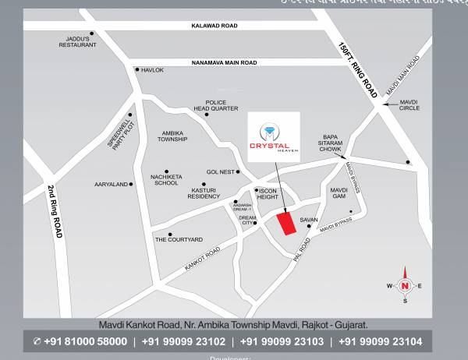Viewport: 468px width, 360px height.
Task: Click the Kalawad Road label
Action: (x=214, y=26)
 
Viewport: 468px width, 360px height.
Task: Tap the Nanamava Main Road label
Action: (x=224, y=62)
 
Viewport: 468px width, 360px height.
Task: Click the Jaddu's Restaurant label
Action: (x=78, y=41)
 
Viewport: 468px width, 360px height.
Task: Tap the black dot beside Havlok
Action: (x=136, y=70)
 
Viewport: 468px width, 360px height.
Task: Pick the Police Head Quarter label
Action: (x=216, y=105)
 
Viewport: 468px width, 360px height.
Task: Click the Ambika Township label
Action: (x=172, y=136)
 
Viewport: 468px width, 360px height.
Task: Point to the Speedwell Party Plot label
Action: (x=121, y=135)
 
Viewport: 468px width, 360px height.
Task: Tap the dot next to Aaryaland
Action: (x=131, y=185)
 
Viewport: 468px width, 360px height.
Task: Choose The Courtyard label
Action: (x=179, y=239)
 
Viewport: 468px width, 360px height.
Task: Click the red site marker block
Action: (x=287, y=224)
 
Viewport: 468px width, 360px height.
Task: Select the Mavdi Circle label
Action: (x=409, y=104)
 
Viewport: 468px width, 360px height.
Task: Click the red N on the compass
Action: (x=405, y=285)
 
